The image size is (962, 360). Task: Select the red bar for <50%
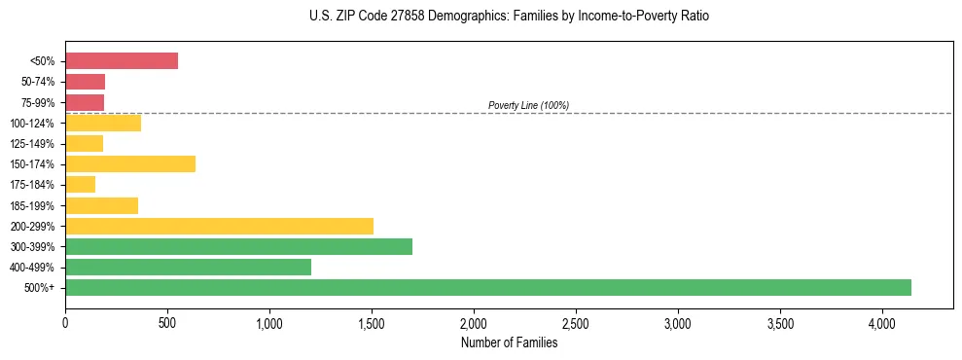[x=122, y=61]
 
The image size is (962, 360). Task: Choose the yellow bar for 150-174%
[x=130, y=163]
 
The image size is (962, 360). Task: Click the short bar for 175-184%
[x=80, y=184]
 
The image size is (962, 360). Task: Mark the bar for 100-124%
[x=103, y=123]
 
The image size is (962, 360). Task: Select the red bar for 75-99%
[x=85, y=102]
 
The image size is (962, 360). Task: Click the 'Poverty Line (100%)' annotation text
[x=528, y=105]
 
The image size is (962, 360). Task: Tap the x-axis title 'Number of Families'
[x=509, y=342]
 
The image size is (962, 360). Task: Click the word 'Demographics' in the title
[x=456, y=17]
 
